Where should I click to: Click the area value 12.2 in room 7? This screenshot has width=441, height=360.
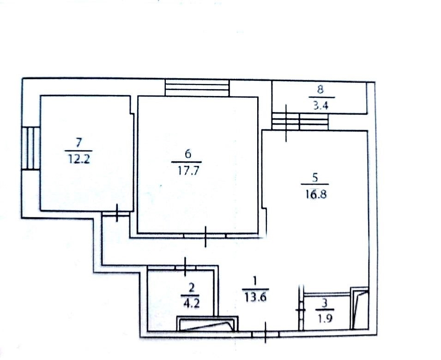click(x=79, y=159)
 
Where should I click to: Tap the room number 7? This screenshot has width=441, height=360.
click(x=79, y=143)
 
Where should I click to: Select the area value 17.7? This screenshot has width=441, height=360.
click(x=188, y=171)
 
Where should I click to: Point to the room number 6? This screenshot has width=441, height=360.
click(x=188, y=154)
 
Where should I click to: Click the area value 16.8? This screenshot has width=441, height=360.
click(x=315, y=194)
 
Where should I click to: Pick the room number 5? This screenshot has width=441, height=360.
click(x=315, y=177)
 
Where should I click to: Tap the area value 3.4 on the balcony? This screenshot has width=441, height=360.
click(x=321, y=106)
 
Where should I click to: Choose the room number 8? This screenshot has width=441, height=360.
click(x=320, y=90)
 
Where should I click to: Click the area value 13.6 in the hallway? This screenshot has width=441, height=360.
click(x=255, y=297)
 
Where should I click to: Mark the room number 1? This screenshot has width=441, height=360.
click(x=254, y=281)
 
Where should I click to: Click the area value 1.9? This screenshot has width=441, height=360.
click(x=326, y=318)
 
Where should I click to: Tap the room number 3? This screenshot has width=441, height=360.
click(x=325, y=303)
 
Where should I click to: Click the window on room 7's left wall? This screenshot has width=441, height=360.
click(x=31, y=148)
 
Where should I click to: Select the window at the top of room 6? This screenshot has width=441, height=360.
click(x=198, y=88)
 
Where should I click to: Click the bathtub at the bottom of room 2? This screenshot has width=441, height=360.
click(x=207, y=324)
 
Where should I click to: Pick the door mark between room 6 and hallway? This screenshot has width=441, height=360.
click(x=205, y=236)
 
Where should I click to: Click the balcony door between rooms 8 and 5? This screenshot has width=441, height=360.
click(x=300, y=121)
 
